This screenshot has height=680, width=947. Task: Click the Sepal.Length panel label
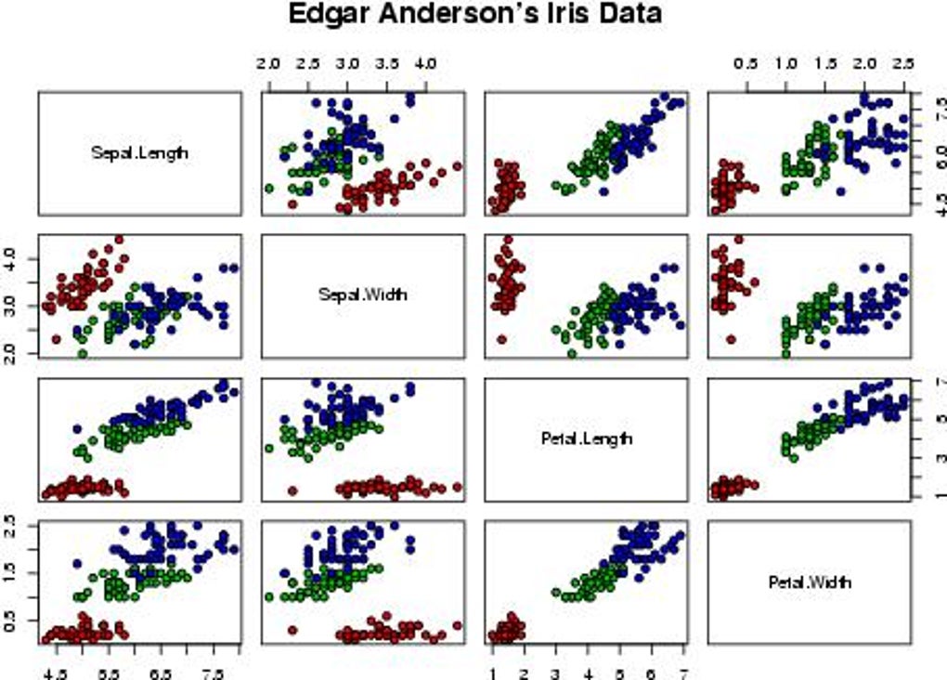139,152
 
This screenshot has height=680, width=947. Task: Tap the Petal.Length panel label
586,437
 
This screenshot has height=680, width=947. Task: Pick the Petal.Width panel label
810,582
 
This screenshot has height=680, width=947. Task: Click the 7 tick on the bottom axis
683,671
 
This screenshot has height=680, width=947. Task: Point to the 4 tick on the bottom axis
588,671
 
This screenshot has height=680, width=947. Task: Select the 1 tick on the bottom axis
492,671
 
